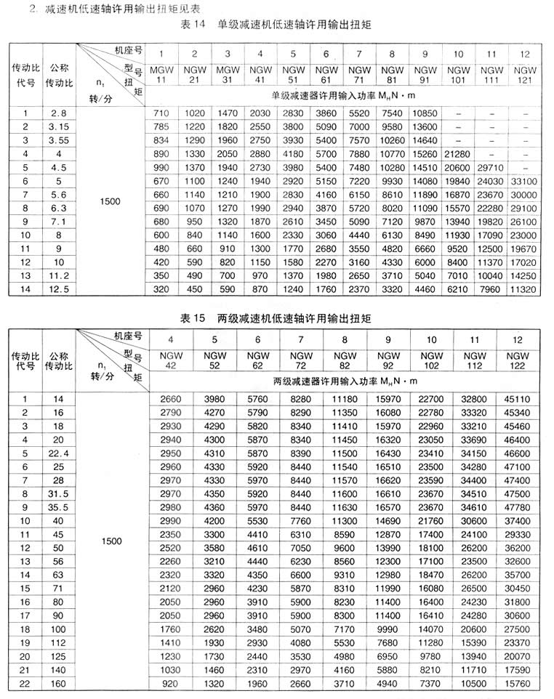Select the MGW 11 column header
[161, 74]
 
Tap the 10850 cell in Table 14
[425, 114]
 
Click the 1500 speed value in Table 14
[110, 201]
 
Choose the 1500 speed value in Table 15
[110, 541]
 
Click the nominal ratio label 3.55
[60, 140]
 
